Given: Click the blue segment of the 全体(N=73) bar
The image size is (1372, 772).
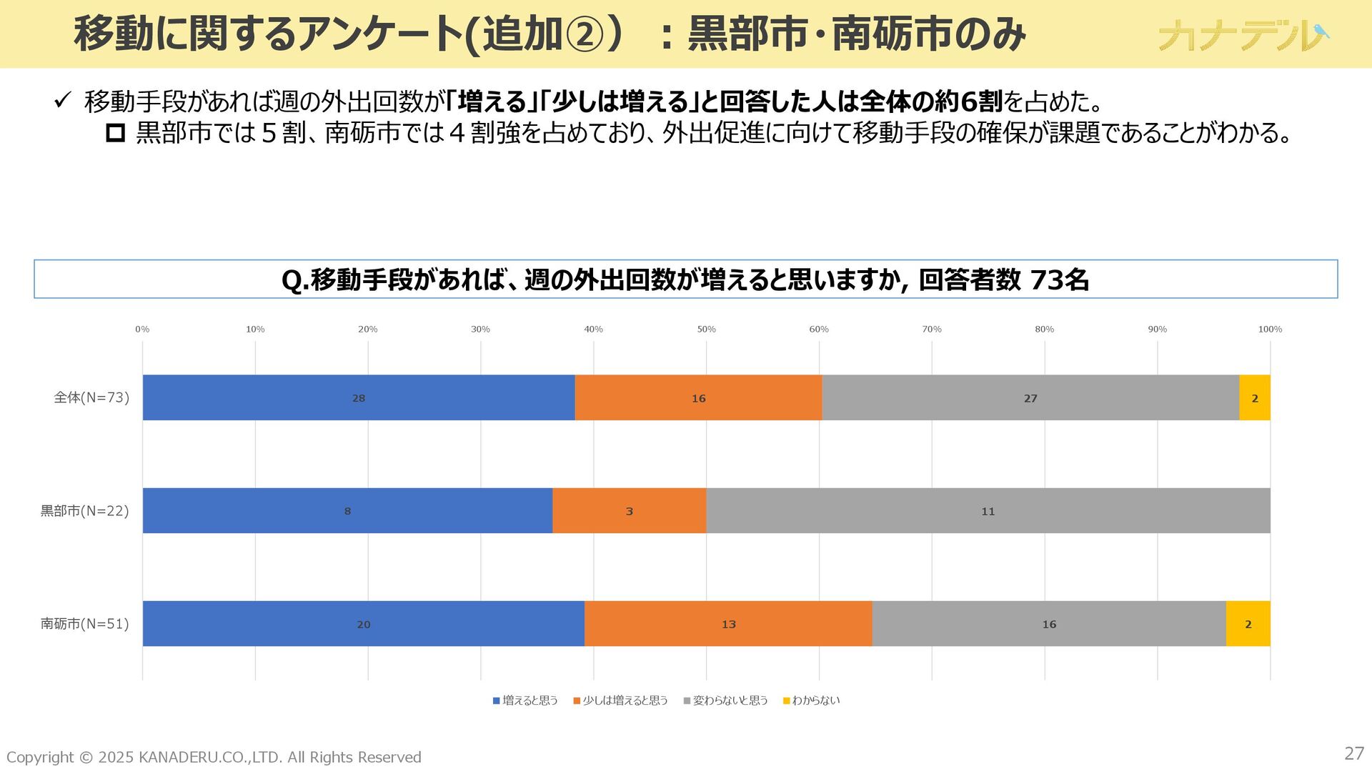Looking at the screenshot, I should pos(358,397).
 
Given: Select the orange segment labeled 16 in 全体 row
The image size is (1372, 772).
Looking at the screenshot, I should pos(698,397).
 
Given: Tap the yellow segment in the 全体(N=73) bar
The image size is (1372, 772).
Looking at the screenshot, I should pos(1254,397).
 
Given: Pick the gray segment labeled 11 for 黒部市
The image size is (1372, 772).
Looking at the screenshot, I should pos(988,510).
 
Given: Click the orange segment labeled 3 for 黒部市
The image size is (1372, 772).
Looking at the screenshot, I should pos(629,510).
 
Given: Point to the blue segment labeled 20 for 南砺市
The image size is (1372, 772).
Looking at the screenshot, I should pos(363,623).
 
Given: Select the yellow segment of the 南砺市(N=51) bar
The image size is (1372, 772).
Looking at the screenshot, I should pos(1248,623).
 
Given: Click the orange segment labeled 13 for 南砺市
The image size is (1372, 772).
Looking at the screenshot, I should pos(728,623).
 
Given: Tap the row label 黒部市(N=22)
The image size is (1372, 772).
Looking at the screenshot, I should pos(84,510).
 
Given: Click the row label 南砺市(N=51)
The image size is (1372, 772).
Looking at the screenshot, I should pos(84,623).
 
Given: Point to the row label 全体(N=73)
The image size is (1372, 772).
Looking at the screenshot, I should pos(91,397).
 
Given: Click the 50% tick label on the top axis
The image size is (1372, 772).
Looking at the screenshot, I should pos(706,329).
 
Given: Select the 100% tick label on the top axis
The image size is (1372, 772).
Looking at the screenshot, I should pos(1270,329).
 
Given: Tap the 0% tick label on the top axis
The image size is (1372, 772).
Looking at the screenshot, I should pos(142,329).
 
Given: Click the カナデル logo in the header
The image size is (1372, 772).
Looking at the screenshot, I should pos(1243,35).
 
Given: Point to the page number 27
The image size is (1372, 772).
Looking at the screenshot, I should pos(1353,753).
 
